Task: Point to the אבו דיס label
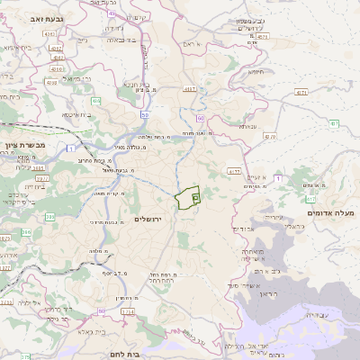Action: click(x=255, y=229)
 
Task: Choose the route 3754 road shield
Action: click(x=128, y=311)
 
